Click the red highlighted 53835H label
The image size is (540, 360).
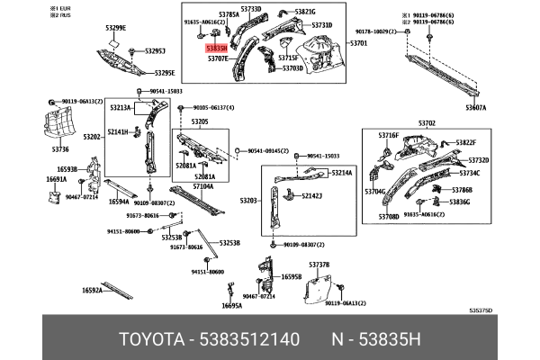(x=216, y=48)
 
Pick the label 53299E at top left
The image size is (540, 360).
(x=116, y=28)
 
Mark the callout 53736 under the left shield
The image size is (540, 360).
(x=60, y=148)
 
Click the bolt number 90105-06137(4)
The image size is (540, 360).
(x=212, y=107)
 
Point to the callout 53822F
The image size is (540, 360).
(x=465, y=142)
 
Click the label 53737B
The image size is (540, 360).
(x=319, y=265)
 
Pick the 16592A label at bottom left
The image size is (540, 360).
(x=92, y=290)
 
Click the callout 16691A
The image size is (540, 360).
(x=56, y=179)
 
